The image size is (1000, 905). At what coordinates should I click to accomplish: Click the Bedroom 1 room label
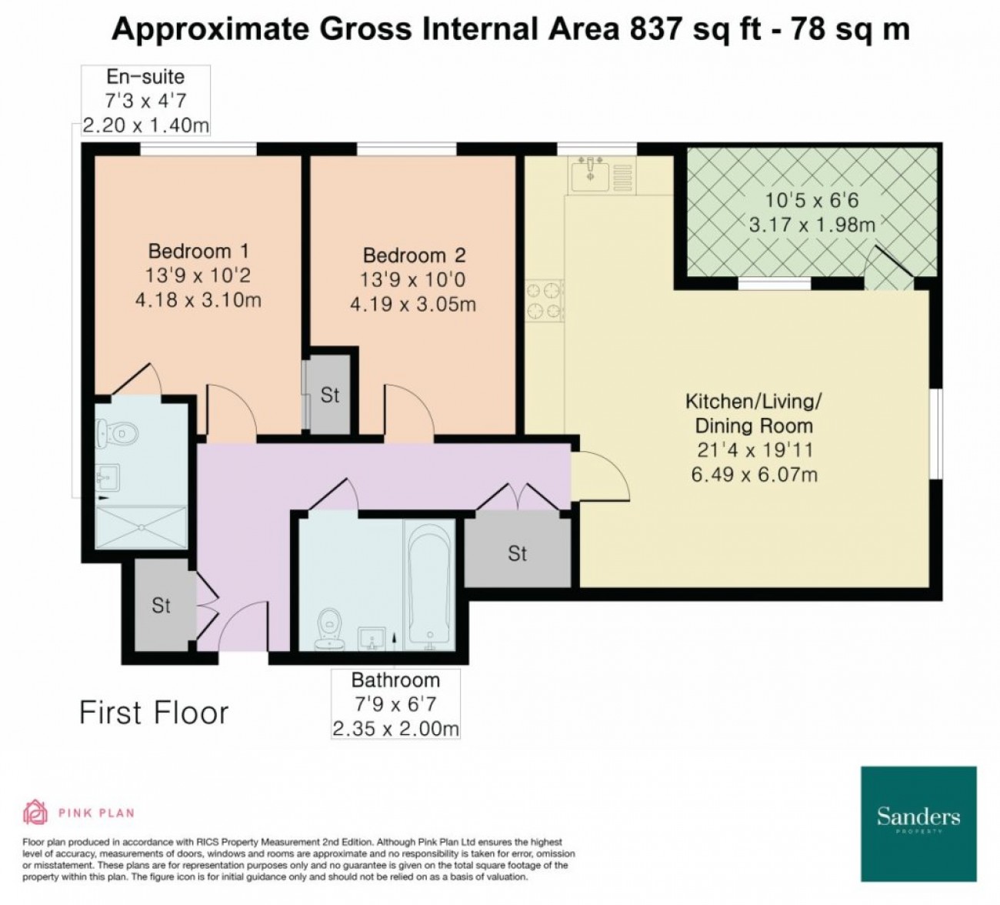198,251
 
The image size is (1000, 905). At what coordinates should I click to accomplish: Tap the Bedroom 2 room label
415,255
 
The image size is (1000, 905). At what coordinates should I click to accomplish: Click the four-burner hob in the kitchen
545,301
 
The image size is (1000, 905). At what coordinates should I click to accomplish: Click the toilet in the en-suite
117,433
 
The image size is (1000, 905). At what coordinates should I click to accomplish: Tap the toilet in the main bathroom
329,630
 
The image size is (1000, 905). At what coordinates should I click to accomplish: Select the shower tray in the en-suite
142,527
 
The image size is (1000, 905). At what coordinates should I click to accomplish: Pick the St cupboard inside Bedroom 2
329,396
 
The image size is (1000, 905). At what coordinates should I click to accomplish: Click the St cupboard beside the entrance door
161,606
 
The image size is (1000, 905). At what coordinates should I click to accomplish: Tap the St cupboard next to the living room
518,553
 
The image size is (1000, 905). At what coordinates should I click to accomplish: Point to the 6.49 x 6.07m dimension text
755,475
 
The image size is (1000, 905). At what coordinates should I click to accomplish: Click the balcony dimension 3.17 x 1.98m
812,225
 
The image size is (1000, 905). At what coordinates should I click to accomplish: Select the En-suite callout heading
145,77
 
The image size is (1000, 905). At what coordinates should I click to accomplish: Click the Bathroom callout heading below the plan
396,680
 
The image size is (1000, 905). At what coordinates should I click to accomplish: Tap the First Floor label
154,713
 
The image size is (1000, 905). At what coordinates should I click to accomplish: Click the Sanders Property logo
918,830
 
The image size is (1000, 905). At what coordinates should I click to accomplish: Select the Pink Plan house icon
35,813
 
